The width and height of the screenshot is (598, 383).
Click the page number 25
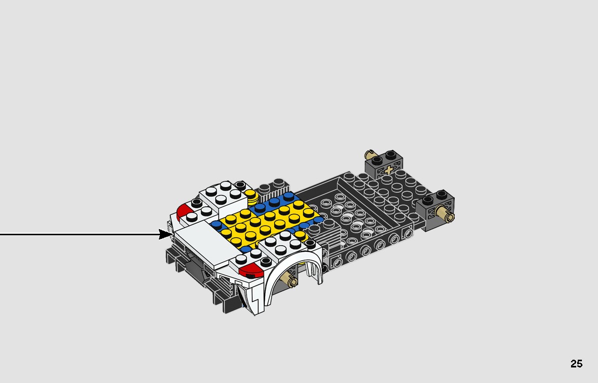coord(576,364)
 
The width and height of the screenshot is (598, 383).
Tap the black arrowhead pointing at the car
coord(166,235)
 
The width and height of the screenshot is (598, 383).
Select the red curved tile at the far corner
coord(183,210)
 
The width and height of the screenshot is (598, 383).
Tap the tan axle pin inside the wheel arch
coord(289,281)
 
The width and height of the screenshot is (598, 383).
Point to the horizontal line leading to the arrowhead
coord(78,235)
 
